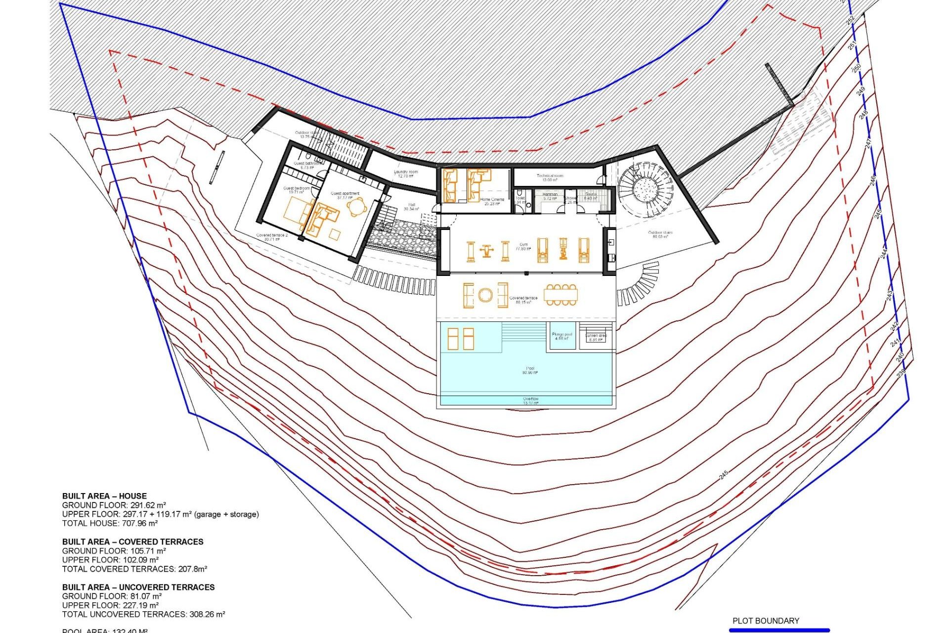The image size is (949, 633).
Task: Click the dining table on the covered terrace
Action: coord(561,295)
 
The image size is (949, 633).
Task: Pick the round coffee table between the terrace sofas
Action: coord(485,296)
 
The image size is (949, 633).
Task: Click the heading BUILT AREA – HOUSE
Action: coord(104,496)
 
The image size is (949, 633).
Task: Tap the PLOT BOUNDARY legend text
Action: coord(766,621)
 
